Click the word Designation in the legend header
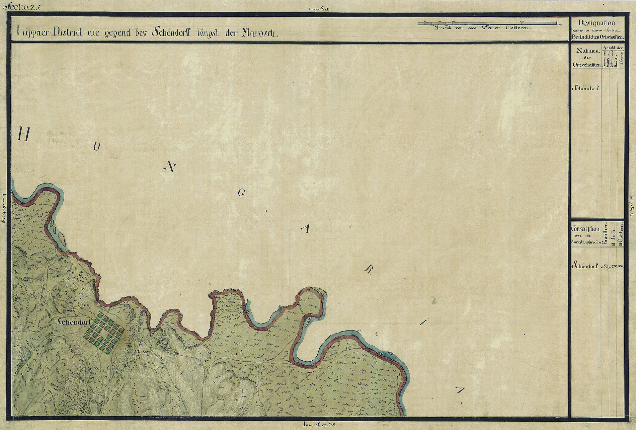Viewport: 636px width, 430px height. (597, 23)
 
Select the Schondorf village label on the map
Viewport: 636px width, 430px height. (74, 322)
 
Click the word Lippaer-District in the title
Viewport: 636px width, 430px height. (50, 32)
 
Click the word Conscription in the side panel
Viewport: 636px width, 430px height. (585, 229)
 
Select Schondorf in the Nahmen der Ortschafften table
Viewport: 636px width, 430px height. (585, 88)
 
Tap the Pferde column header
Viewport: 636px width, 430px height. (621, 60)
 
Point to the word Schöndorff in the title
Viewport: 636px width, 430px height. (170, 32)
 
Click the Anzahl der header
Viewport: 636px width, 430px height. (612, 48)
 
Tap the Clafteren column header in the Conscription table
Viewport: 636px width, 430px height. (621, 233)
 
